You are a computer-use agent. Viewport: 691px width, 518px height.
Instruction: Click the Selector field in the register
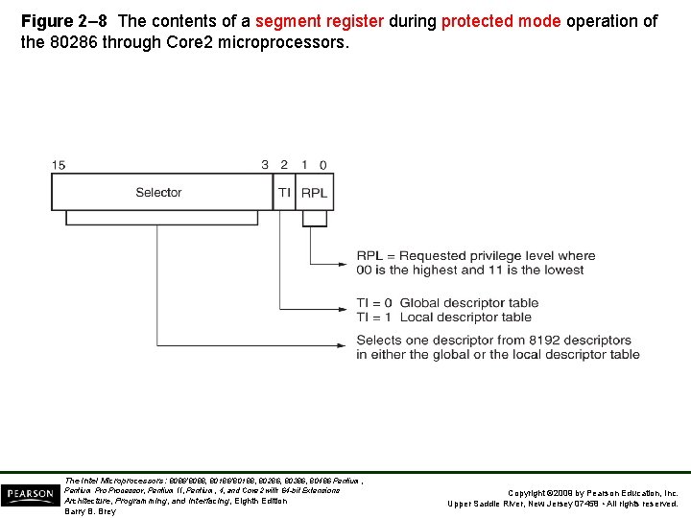pos(159,193)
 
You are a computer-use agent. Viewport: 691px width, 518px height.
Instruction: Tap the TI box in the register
pos(284,193)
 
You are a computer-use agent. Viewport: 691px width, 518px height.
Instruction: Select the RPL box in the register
pos(315,193)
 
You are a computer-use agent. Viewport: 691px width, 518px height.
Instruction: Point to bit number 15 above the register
pos(59,165)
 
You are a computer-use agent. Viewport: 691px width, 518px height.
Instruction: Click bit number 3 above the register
pos(265,165)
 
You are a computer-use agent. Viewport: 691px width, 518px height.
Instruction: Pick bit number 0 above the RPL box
pos(323,165)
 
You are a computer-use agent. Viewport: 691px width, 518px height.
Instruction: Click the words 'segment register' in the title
pos(320,21)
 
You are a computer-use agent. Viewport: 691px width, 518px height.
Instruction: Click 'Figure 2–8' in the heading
pos(60,21)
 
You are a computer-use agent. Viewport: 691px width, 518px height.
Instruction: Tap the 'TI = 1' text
pos(375,317)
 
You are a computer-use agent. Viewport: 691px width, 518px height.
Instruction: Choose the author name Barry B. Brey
pos(90,511)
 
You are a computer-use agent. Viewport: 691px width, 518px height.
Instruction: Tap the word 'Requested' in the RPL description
pos(433,256)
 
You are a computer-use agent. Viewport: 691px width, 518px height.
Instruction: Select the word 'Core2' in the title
pos(224,43)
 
